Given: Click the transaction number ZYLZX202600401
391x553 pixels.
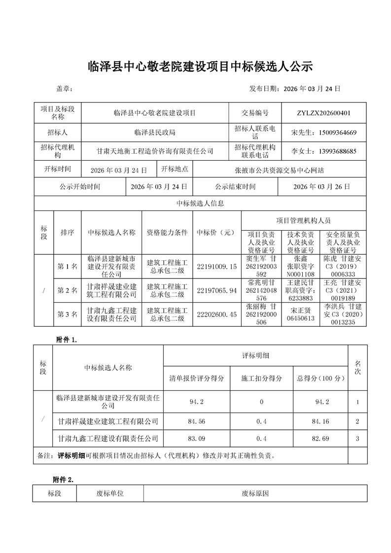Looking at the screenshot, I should click(x=324, y=113).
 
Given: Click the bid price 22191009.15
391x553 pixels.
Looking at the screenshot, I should click(x=217, y=267).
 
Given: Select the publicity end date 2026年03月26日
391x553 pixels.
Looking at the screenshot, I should click(x=321, y=187).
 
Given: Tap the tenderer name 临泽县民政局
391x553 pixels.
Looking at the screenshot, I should click(x=155, y=133).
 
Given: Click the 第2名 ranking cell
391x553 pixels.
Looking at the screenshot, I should click(x=68, y=290).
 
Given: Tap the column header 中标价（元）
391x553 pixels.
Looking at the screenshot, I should click(x=216, y=233).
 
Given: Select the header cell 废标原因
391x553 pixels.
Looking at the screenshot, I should click(x=255, y=493).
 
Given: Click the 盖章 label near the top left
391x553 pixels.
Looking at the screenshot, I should click(x=65, y=89).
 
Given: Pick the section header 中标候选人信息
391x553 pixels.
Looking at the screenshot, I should click(x=200, y=203).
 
